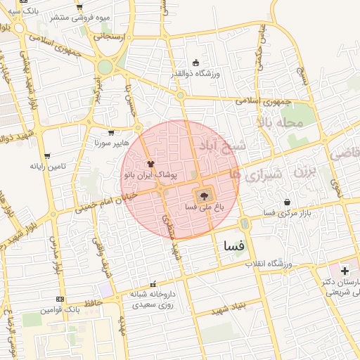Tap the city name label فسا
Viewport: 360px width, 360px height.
point(232,247)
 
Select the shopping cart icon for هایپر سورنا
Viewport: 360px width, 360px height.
point(110,132)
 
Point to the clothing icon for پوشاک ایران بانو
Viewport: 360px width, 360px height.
point(150,163)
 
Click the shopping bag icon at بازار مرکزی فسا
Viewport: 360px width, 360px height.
point(287,202)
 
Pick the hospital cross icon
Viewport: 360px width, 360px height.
point(345,271)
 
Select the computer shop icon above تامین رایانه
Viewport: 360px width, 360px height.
point(47,156)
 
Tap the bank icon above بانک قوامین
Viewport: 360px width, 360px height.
point(60,299)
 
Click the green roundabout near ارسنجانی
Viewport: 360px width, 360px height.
point(105,67)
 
